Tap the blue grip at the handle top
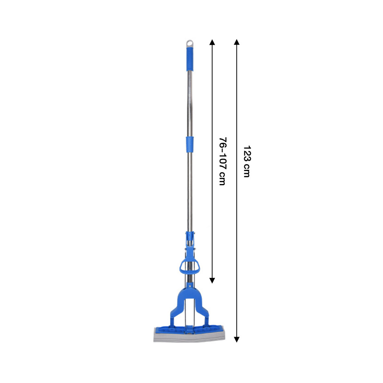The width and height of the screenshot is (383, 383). click(x=190, y=59)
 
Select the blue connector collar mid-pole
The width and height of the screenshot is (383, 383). click(x=190, y=144)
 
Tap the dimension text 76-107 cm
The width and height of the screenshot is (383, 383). click(x=223, y=161)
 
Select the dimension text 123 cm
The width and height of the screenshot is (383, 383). click(x=247, y=162)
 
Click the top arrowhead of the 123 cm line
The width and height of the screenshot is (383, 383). click(x=236, y=42)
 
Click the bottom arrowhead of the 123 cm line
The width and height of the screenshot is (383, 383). click(x=236, y=339)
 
